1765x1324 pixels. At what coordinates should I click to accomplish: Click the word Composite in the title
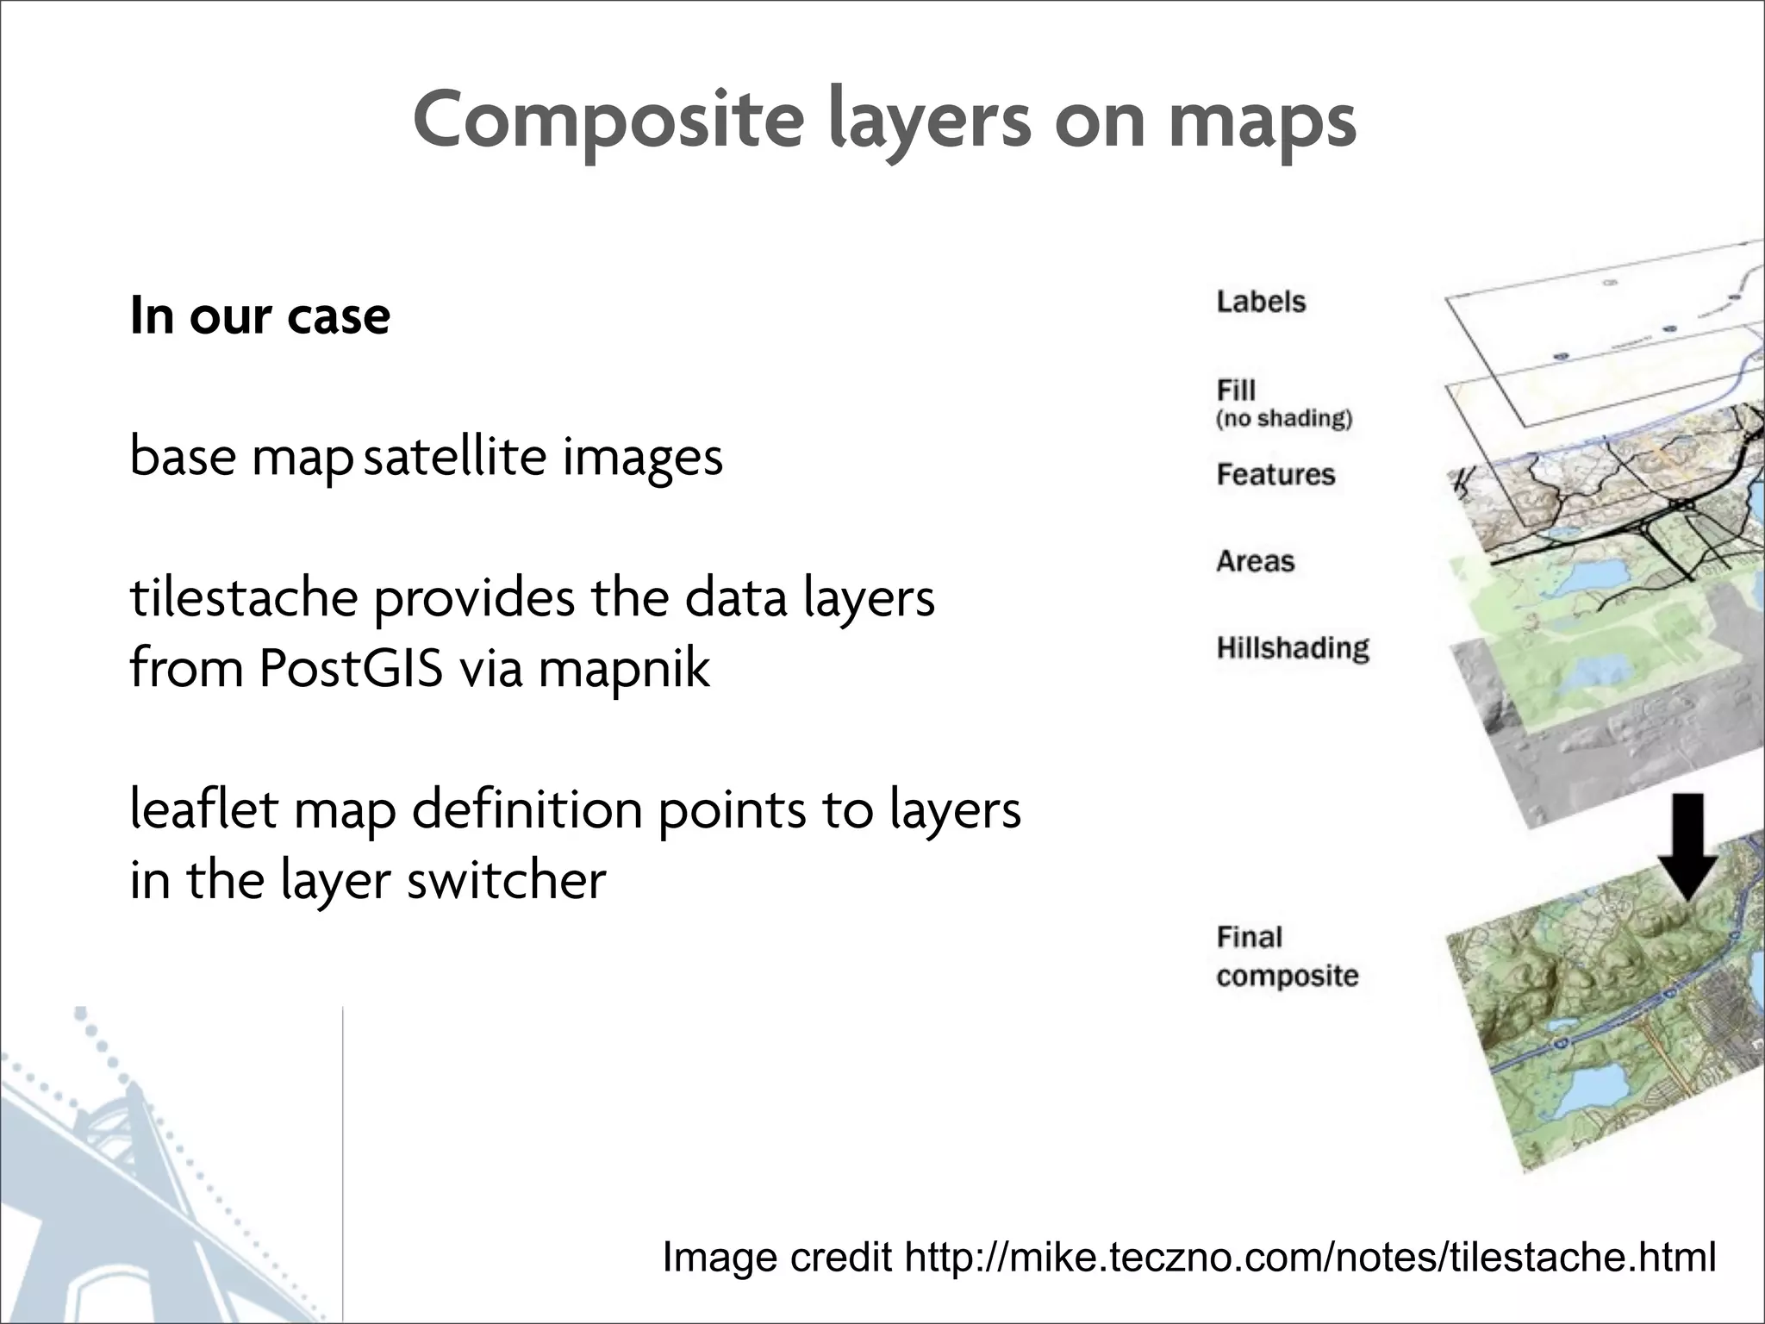pos(608,121)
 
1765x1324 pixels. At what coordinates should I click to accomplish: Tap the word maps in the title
pos(1263,121)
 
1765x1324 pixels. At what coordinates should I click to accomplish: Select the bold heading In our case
pos(259,315)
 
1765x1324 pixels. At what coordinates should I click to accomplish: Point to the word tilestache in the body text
pos(244,597)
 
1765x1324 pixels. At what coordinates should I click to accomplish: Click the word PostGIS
pos(350,668)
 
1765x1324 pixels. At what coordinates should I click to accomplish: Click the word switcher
pos(506,881)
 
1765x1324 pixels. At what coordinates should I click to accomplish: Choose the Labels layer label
pos(1261,302)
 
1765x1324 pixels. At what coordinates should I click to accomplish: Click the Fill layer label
pos(1236,390)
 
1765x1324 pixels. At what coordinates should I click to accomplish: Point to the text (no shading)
pos(1284,420)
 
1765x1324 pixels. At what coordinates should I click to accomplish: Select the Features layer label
pos(1275,474)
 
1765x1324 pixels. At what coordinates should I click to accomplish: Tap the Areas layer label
pos(1256,561)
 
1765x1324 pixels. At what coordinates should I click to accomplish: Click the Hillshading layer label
pos(1293,648)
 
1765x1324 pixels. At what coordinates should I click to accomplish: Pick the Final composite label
pos(1287,957)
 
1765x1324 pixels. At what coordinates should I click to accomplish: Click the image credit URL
pos(1310,1257)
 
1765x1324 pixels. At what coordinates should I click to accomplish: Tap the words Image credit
pos(776,1257)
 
